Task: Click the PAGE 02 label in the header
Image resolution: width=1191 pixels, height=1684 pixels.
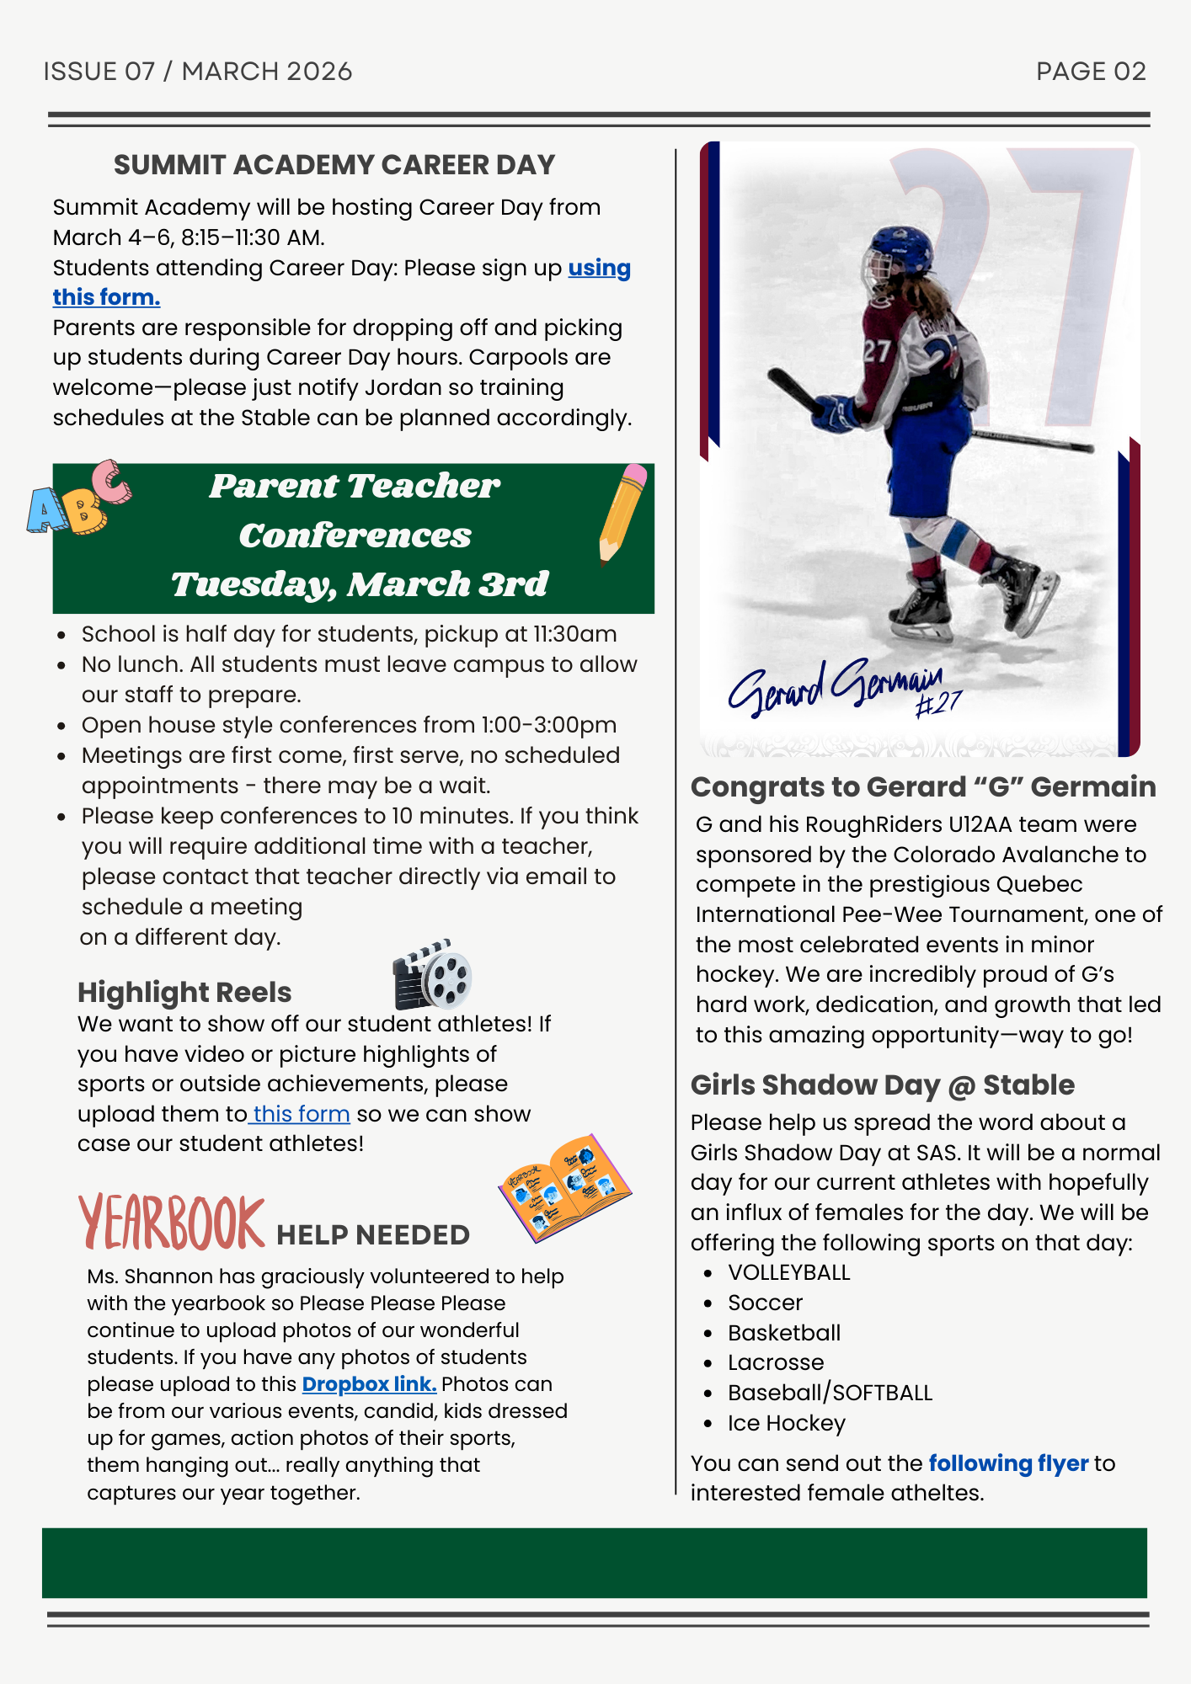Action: (x=1091, y=72)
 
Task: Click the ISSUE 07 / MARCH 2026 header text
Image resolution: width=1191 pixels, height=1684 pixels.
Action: (x=198, y=72)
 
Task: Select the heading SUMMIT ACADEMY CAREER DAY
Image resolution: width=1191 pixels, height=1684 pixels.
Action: (x=334, y=165)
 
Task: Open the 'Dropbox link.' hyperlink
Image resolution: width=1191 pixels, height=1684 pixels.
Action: (x=369, y=1384)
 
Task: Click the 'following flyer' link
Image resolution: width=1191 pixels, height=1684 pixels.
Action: (x=1008, y=1463)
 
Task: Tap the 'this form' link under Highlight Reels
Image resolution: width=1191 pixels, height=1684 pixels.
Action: (x=301, y=1114)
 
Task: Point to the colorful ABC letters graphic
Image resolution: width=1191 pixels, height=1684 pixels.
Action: (x=78, y=498)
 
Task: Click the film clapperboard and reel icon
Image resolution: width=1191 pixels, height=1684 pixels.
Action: (x=432, y=975)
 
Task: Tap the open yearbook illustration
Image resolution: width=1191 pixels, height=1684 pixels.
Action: (x=564, y=1187)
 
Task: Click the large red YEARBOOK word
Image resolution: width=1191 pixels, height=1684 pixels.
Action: (x=172, y=1223)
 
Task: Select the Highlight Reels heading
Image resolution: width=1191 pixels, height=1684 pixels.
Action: (x=184, y=993)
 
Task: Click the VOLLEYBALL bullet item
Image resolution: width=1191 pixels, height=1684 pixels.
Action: (x=789, y=1273)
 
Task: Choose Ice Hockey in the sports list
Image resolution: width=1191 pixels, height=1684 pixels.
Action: (x=787, y=1423)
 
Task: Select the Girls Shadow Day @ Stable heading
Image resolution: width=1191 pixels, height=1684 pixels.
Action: (x=882, y=1085)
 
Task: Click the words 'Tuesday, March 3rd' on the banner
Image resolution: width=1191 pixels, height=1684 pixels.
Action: (x=360, y=584)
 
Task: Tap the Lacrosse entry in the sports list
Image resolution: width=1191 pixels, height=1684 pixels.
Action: (x=776, y=1362)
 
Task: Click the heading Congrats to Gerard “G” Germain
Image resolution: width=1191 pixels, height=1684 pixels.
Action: (x=923, y=787)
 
